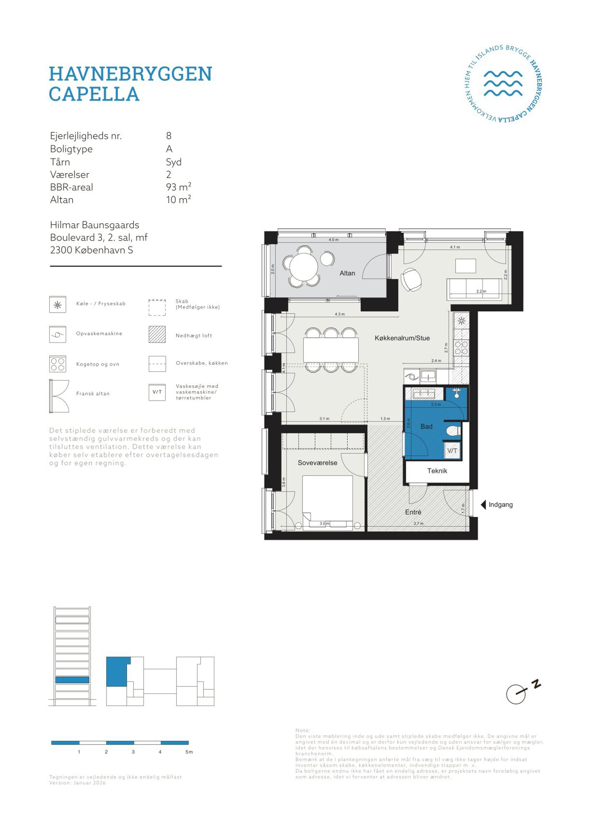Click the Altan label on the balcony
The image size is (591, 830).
point(347,273)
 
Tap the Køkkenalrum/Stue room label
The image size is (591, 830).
point(402,338)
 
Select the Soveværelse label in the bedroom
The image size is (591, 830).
point(317,463)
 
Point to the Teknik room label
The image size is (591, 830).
point(437,471)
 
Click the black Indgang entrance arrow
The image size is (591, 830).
point(483,505)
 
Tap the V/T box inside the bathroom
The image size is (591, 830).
point(452,451)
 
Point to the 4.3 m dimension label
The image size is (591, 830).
point(340,314)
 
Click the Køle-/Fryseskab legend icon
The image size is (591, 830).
point(57,305)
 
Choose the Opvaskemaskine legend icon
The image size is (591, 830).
point(57,335)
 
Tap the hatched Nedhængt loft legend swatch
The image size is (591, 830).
point(157,335)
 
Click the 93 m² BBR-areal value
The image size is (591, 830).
point(178,187)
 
